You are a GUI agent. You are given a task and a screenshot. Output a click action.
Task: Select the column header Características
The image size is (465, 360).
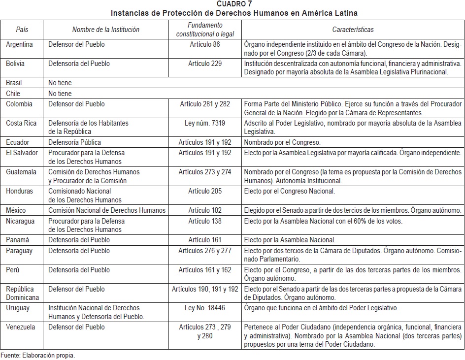pos(353,30)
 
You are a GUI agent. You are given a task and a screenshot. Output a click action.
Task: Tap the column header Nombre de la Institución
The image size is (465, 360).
pos(105,30)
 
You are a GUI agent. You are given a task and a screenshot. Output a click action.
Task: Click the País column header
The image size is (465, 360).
pos(22,30)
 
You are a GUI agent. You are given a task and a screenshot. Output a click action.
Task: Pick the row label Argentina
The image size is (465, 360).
pos(20,44)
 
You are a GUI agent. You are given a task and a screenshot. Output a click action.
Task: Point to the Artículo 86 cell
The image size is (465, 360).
pos(205,44)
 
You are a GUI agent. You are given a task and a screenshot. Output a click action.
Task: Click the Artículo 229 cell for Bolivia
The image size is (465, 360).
pos(205,64)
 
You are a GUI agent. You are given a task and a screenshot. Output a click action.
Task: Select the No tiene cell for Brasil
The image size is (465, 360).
pos(60,83)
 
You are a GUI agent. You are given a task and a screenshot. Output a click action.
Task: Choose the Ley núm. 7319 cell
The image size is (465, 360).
pos(205,123)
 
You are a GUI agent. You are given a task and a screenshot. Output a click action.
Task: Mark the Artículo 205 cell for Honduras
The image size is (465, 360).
pos(205,191)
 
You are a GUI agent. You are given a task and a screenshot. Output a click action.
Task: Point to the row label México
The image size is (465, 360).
pos(16,210)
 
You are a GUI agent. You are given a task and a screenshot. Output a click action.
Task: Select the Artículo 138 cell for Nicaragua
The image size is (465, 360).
pos(205,221)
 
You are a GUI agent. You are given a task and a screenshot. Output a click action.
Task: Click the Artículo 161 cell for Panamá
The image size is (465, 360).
pos(205,240)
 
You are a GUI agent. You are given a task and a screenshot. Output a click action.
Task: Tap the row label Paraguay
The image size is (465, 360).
pos(19,251)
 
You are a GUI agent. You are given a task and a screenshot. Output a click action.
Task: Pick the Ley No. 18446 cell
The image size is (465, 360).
pos(205,308)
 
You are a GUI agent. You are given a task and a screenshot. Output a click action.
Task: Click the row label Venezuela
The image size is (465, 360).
pos(21,327)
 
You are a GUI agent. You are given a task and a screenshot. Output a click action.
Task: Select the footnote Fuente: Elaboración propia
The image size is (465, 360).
pos(38,355)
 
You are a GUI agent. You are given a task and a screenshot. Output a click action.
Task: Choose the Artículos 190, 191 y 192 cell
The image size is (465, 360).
pos(205,289)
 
